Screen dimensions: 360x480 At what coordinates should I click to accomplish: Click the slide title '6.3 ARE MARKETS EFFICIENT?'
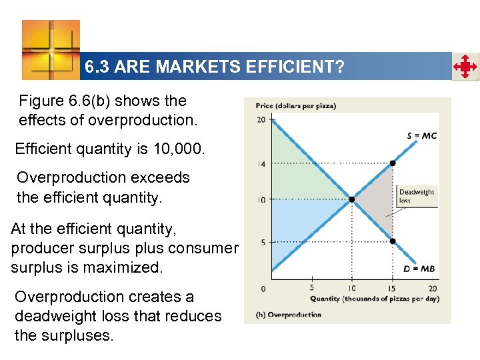point(214,67)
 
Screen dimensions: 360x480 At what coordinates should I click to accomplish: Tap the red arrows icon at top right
point(465,67)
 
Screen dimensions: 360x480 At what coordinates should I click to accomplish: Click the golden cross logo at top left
point(51,49)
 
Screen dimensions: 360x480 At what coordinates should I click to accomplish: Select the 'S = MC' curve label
point(421,136)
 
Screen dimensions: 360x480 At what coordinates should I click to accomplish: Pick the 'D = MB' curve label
point(421,269)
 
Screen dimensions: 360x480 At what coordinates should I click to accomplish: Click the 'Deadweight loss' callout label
point(417,196)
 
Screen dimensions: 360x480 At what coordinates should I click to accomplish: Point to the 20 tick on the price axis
point(261,120)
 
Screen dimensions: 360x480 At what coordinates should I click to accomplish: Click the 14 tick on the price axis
point(261,163)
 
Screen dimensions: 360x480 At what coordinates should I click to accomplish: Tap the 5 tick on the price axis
point(263,242)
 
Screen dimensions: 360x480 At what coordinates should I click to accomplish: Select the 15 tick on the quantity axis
point(393,288)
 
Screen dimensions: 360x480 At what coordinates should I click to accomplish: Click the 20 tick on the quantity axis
point(432,288)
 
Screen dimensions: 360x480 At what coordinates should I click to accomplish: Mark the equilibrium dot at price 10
point(352,199)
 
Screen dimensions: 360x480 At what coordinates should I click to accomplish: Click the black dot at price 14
point(393,163)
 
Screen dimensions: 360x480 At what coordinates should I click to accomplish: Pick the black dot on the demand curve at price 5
point(393,241)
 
